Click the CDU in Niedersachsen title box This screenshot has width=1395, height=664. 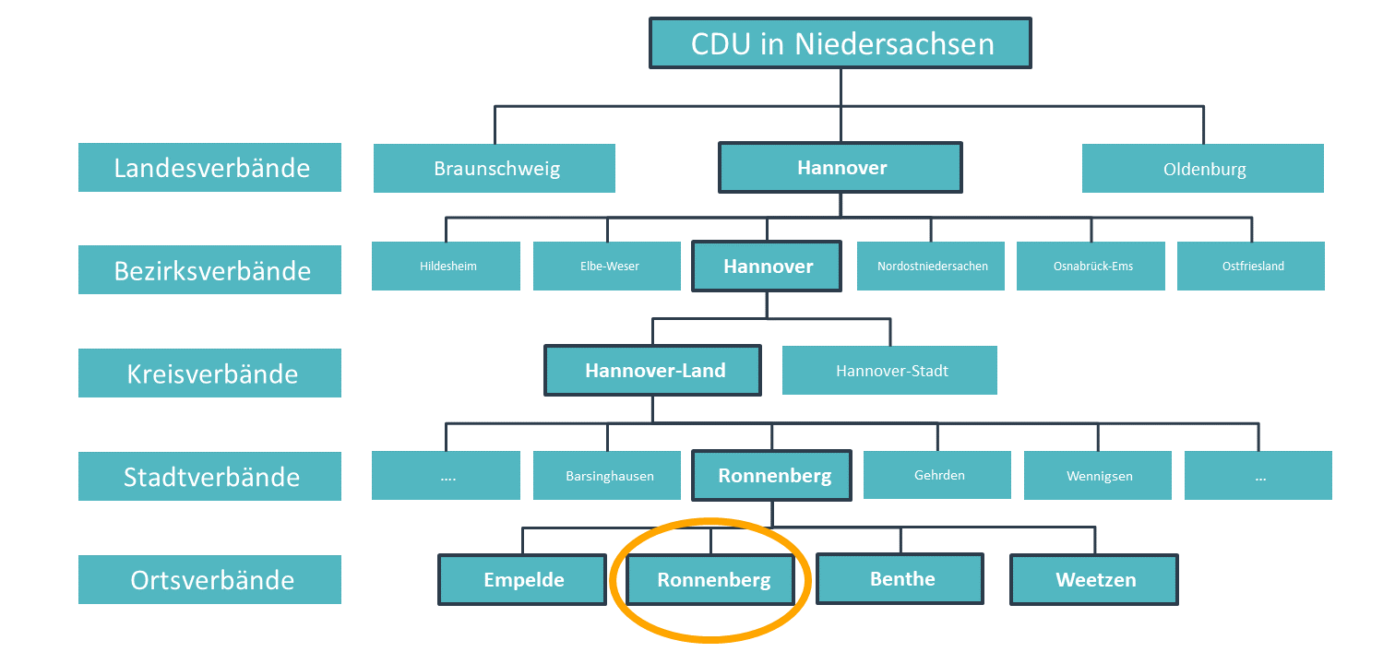coord(841,43)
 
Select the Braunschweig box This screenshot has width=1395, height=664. coord(495,168)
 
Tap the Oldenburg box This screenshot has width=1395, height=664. coord(1202,168)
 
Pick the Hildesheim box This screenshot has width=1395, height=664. coord(446,266)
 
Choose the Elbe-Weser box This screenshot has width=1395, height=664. coord(607,266)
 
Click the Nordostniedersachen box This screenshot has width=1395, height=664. coord(931,266)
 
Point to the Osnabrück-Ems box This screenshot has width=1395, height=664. coord(1091,266)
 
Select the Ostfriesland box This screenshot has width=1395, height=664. coord(1251,266)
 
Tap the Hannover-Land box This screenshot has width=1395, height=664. coord(652,370)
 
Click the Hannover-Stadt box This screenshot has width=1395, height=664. coord(890,370)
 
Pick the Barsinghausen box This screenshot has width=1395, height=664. coord(607,476)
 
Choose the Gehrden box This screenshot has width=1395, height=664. coord(937,475)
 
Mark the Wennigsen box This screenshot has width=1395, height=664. coord(1098,476)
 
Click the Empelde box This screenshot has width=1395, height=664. coord(522,579)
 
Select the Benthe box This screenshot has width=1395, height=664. coord(900,579)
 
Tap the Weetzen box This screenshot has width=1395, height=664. coord(1094,579)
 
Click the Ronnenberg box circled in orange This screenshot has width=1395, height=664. coord(710,579)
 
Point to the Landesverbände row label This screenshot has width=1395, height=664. coord(209,168)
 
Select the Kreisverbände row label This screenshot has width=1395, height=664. coord(209,373)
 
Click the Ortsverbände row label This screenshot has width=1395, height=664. coord(209,579)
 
